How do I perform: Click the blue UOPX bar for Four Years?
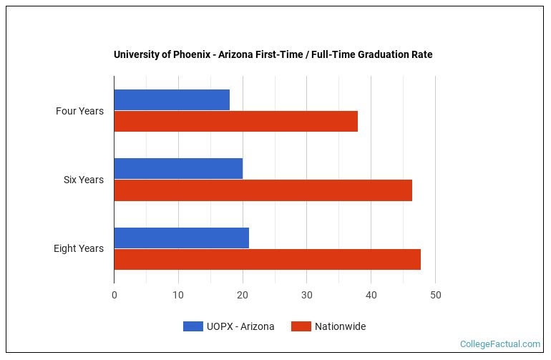click(x=172, y=99)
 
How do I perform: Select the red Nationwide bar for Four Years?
click(x=235, y=121)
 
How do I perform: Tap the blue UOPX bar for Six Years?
click(x=178, y=168)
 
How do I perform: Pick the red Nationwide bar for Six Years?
click(x=263, y=190)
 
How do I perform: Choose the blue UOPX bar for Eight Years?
click(x=181, y=238)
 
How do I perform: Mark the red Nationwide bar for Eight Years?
click(x=267, y=259)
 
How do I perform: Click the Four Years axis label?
click(x=79, y=111)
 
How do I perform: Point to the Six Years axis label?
click(x=83, y=180)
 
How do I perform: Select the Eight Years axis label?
click(x=78, y=248)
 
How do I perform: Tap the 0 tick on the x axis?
click(x=114, y=295)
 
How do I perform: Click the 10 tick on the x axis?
click(x=178, y=295)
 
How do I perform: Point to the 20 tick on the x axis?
click(x=243, y=295)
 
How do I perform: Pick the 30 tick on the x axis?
click(x=307, y=295)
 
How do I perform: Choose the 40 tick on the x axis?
click(x=371, y=295)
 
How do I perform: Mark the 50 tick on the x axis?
click(x=435, y=295)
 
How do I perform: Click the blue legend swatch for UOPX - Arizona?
click(x=192, y=326)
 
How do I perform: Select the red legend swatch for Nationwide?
click(x=301, y=326)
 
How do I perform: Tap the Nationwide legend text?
click(x=341, y=326)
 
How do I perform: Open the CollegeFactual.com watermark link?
click(x=499, y=344)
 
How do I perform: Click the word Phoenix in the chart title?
click(x=191, y=54)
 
